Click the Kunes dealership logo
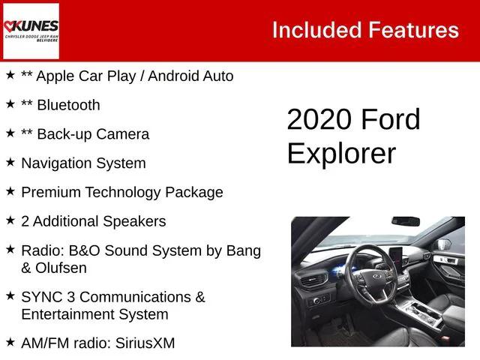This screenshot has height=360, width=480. point(31,30)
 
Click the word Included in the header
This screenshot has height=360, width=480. point(316,30)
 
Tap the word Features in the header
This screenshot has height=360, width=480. point(413,30)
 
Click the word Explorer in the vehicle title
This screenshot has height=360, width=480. point(340,153)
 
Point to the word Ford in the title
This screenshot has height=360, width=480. point(390,120)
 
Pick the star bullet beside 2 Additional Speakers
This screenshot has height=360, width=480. point(10,220)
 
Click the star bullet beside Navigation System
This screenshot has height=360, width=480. point(10,162)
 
